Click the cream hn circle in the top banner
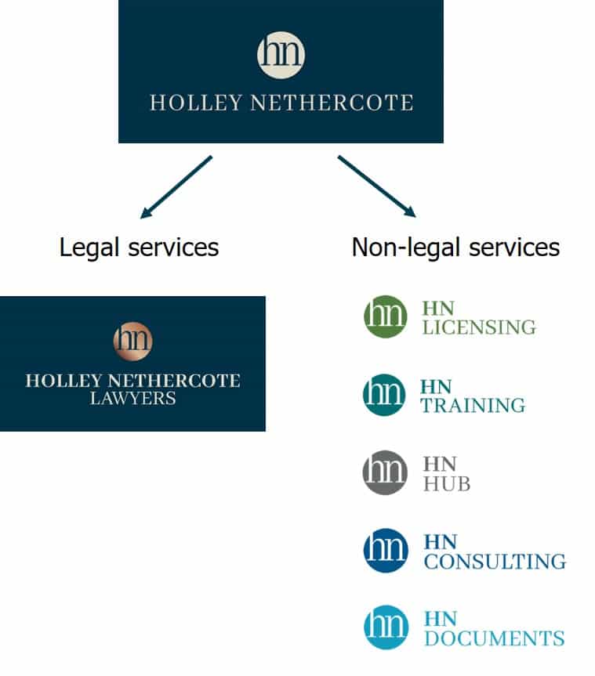click(281, 53)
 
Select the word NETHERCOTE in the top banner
click(332, 103)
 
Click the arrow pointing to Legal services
click(176, 186)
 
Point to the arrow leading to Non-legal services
click(376, 186)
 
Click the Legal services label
click(139, 248)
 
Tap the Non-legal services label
click(455, 248)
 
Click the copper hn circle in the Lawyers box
click(132, 340)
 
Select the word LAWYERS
click(132, 399)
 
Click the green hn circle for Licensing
click(385, 316)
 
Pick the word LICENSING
click(479, 327)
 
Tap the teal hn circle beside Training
click(385, 395)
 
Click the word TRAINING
click(473, 405)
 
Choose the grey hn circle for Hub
click(385, 472)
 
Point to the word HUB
click(447, 484)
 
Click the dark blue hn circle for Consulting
click(385, 551)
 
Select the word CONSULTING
click(495, 562)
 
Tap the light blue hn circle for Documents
click(385, 628)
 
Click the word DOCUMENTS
click(494, 638)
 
